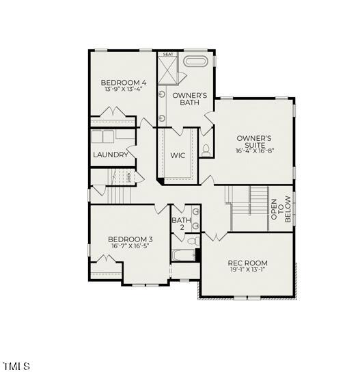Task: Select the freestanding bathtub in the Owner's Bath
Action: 197,62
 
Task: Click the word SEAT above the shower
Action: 168,54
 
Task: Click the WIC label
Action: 178,155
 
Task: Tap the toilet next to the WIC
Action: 206,151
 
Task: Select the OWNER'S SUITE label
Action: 254,141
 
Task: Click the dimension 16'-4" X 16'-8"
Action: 254,150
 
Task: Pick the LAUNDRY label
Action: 111,155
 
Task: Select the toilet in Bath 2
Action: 192,241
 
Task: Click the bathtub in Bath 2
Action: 183,256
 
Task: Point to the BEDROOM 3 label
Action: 130,239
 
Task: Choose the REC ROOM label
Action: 247,263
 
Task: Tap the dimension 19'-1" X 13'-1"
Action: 247,271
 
